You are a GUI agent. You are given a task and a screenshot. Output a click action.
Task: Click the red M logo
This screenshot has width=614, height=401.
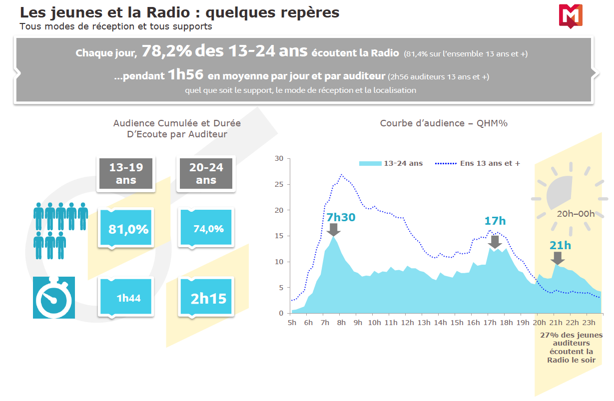point(571,15)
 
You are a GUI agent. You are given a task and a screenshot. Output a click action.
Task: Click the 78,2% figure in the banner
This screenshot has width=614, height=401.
point(167,51)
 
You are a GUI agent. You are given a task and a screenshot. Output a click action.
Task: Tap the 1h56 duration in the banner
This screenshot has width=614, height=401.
point(185,75)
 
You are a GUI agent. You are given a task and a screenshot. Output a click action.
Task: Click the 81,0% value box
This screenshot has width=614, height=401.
point(128,229)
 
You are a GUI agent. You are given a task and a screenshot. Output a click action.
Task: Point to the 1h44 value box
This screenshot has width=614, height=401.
point(128,298)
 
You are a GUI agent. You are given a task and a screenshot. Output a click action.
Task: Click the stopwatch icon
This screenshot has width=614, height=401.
point(53,298)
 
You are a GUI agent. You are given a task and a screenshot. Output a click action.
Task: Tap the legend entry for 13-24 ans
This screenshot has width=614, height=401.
point(391,163)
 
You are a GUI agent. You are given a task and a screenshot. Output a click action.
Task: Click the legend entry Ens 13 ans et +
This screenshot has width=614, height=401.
point(478,163)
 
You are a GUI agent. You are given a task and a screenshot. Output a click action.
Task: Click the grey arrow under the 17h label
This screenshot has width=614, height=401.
point(495,242)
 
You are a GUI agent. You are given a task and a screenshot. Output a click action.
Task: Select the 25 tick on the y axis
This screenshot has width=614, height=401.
point(279,184)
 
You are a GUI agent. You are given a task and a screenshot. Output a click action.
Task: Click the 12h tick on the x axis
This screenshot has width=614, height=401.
point(407,323)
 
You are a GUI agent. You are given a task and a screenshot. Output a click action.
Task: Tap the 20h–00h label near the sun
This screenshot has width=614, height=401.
point(576,214)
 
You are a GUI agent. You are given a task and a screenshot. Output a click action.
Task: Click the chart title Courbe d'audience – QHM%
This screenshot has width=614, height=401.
point(444,123)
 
